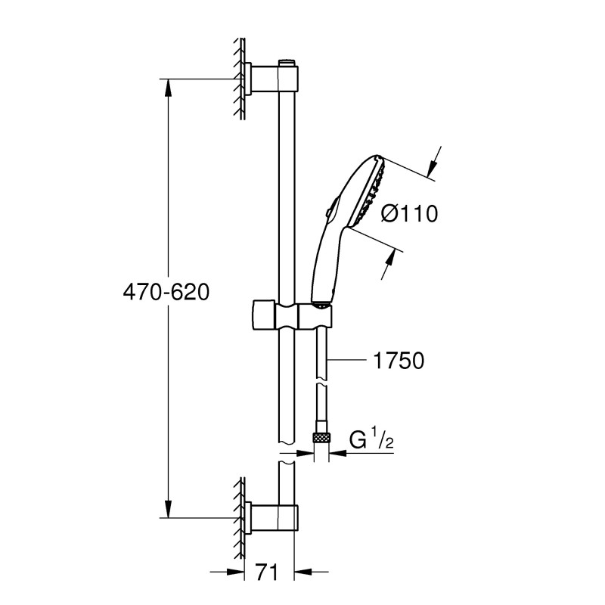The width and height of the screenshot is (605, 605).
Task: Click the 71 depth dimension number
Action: [x=267, y=571]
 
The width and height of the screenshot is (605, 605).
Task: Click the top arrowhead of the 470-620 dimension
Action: [x=168, y=85]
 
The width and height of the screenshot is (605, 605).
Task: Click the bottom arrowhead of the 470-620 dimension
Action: [x=168, y=511]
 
